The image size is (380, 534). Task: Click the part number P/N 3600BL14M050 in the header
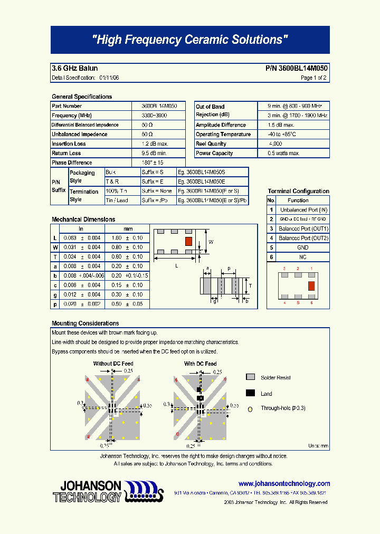(296, 69)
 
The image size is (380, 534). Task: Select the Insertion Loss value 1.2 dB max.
(155, 144)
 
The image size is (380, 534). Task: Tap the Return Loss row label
(66, 154)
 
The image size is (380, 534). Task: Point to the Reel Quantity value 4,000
(275, 144)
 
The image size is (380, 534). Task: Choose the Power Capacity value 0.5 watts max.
(284, 154)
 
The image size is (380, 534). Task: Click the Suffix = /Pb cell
(157, 201)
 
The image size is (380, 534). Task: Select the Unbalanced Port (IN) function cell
(303, 210)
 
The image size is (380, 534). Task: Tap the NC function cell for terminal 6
(303, 257)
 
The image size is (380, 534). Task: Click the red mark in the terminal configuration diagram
(311, 286)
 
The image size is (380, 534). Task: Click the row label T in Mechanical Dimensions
(54, 257)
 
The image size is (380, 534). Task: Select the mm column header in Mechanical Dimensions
(128, 229)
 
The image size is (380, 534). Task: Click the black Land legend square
(251, 393)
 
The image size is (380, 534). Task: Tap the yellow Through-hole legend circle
(251, 408)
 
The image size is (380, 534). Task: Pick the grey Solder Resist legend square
(251, 377)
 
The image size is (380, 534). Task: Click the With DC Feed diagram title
(200, 364)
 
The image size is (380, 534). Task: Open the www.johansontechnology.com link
(284, 483)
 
